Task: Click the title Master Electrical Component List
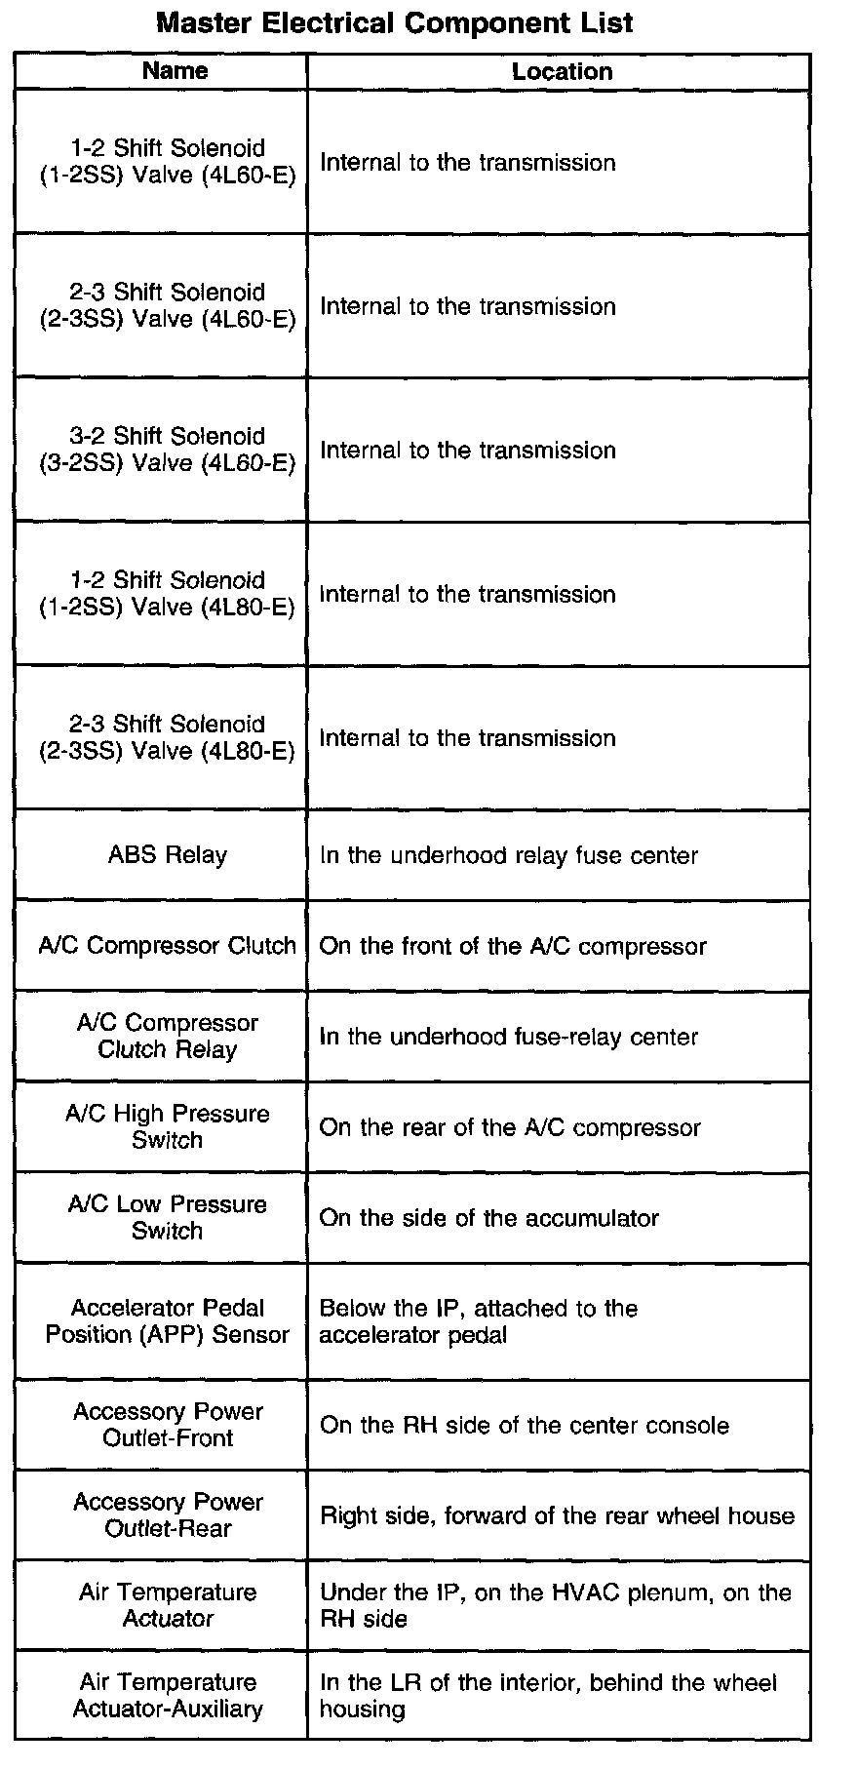[395, 23]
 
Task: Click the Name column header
[175, 70]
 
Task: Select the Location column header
[562, 71]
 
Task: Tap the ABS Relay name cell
[167, 855]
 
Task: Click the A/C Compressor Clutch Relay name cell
[167, 1037]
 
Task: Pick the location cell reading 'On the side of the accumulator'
[488, 1218]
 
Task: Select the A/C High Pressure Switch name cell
[167, 1127]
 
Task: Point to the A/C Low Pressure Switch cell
[167, 1218]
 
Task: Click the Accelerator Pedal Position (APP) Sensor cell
[167, 1321]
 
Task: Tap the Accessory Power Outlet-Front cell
[167, 1425]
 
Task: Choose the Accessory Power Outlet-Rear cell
[167, 1515]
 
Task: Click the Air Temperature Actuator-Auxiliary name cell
[167, 1696]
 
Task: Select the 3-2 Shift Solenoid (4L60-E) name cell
[167, 450]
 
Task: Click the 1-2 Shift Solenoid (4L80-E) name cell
[167, 594]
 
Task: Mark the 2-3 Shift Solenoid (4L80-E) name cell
[167, 738]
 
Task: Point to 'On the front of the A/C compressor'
[513, 946]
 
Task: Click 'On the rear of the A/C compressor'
[510, 1128]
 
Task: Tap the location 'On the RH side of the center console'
[524, 1426]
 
